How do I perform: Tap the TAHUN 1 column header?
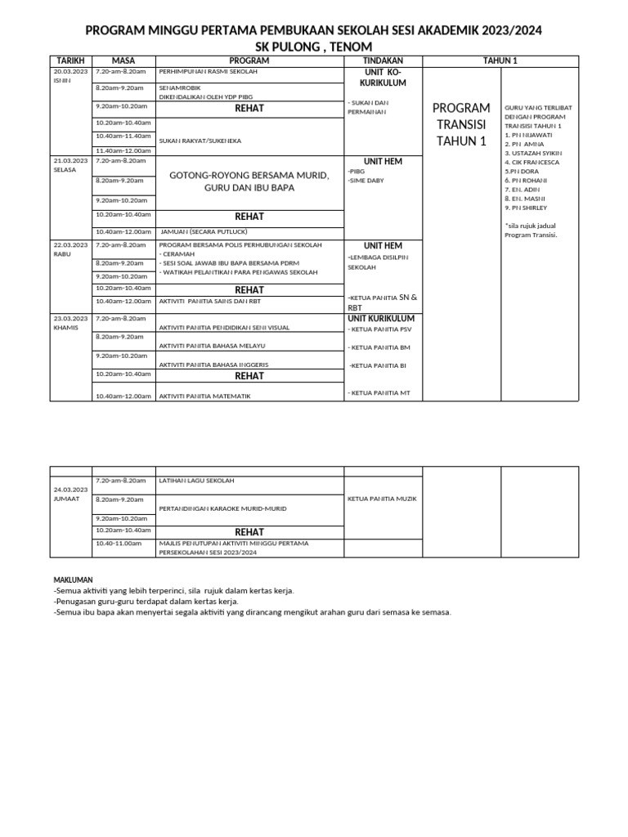point(502,60)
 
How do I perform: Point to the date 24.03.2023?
point(70,489)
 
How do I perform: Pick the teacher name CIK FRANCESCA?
point(532,162)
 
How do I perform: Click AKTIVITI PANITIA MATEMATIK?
point(204,396)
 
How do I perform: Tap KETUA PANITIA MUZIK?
point(379,498)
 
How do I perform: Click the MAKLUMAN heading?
point(73,580)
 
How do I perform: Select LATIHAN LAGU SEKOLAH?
point(197,481)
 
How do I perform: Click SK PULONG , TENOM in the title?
point(314,47)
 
